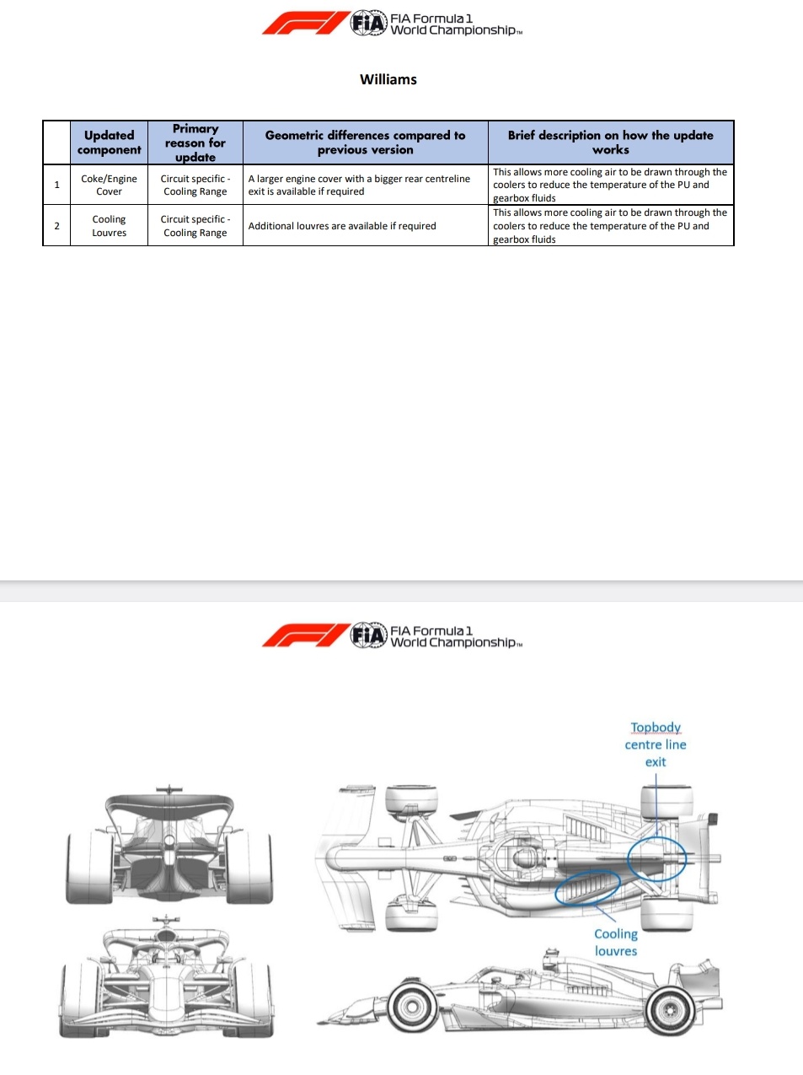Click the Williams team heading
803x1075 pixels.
point(388,79)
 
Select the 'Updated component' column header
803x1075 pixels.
point(109,142)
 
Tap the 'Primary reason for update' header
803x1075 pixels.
point(195,142)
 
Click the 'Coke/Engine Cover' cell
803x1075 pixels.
point(109,185)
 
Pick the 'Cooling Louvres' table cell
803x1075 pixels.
point(109,226)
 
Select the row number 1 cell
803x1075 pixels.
point(56,185)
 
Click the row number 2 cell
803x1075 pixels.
point(56,226)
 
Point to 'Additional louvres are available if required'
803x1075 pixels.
point(342,226)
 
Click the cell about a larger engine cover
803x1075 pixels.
point(359,185)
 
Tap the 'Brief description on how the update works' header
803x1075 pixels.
point(610,142)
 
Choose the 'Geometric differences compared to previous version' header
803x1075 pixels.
point(365,142)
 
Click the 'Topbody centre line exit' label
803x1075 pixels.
point(656,744)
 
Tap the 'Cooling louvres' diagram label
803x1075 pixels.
point(616,943)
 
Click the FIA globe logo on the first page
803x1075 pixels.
point(368,23)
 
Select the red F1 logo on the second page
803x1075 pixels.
point(305,635)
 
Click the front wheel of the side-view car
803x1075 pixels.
point(413,1007)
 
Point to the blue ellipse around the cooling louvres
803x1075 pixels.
point(587,887)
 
